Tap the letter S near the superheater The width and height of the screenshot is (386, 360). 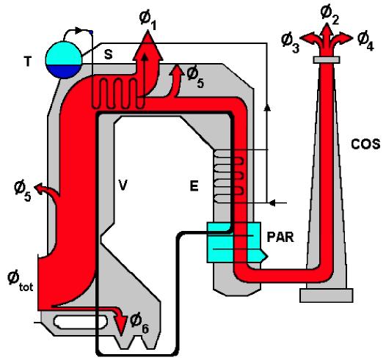click(x=108, y=54)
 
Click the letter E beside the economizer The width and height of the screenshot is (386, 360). click(x=194, y=185)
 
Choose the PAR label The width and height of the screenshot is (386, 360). click(x=280, y=238)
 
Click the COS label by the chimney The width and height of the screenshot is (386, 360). click(x=365, y=144)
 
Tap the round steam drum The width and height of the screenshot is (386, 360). click(x=64, y=59)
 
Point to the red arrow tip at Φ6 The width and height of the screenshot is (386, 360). click(x=120, y=335)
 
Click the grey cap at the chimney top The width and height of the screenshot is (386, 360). click(x=327, y=59)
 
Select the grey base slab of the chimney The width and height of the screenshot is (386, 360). click(x=326, y=295)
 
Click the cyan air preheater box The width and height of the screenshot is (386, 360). click(x=235, y=243)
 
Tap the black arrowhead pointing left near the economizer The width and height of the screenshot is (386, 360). click(x=272, y=203)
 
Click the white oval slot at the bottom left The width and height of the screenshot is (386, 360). click(x=81, y=322)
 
